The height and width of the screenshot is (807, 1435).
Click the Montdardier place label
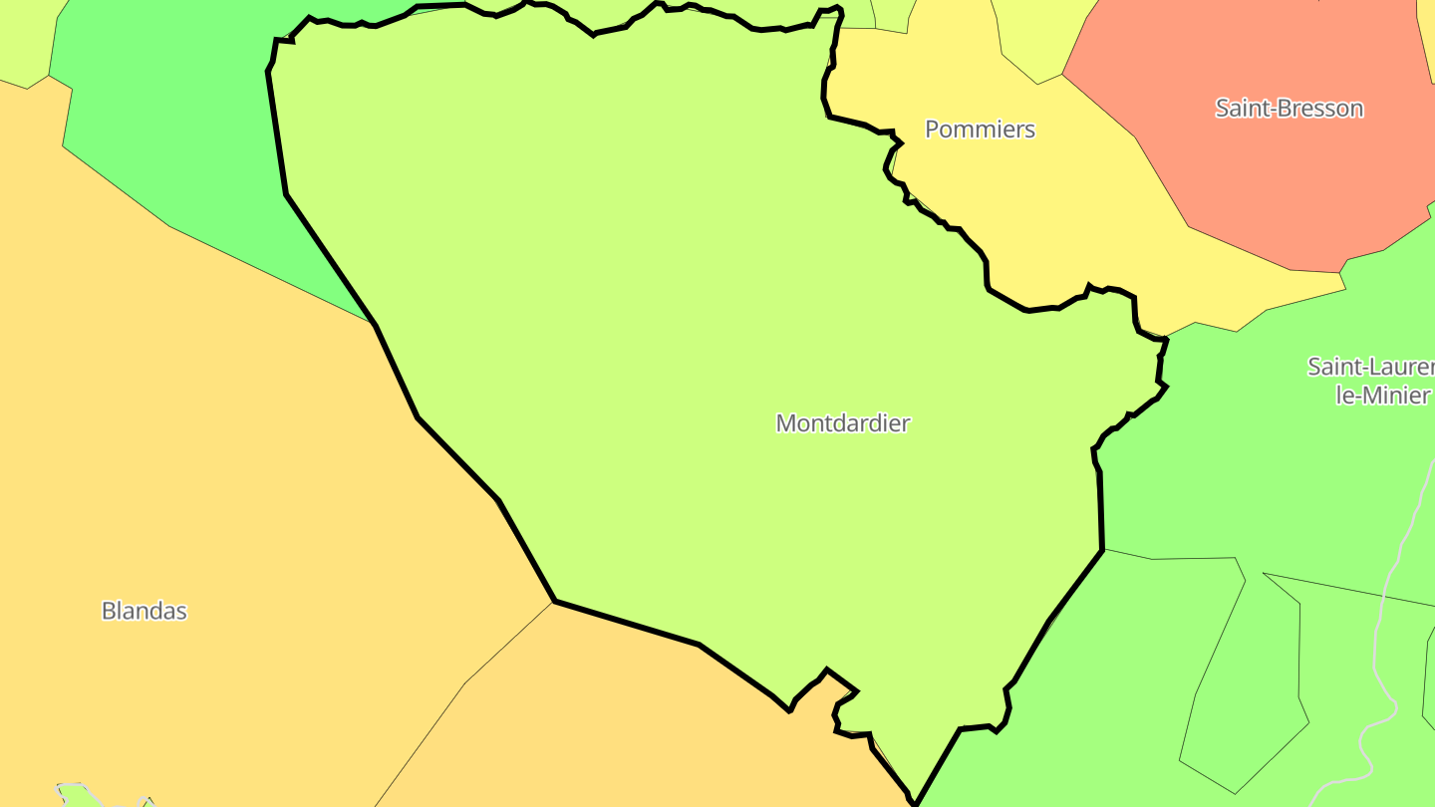842,422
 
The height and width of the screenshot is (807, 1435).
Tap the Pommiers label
980,130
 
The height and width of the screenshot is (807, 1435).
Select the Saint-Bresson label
1289,109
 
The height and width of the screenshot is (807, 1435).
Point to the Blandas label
144,611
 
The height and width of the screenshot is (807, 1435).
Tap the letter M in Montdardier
785,423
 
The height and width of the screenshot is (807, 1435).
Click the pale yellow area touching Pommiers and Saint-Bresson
1036,35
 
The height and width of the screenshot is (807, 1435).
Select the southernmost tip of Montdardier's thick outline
915,803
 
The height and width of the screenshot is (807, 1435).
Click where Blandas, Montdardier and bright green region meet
374,323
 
